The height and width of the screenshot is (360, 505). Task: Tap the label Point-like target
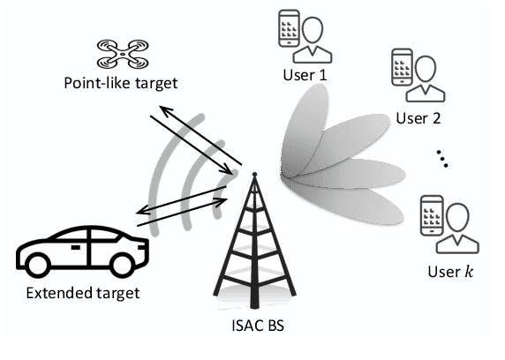[x=121, y=84]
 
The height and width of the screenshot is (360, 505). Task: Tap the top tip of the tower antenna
[x=252, y=174]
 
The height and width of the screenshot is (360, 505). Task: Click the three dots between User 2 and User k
[x=441, y=160]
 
